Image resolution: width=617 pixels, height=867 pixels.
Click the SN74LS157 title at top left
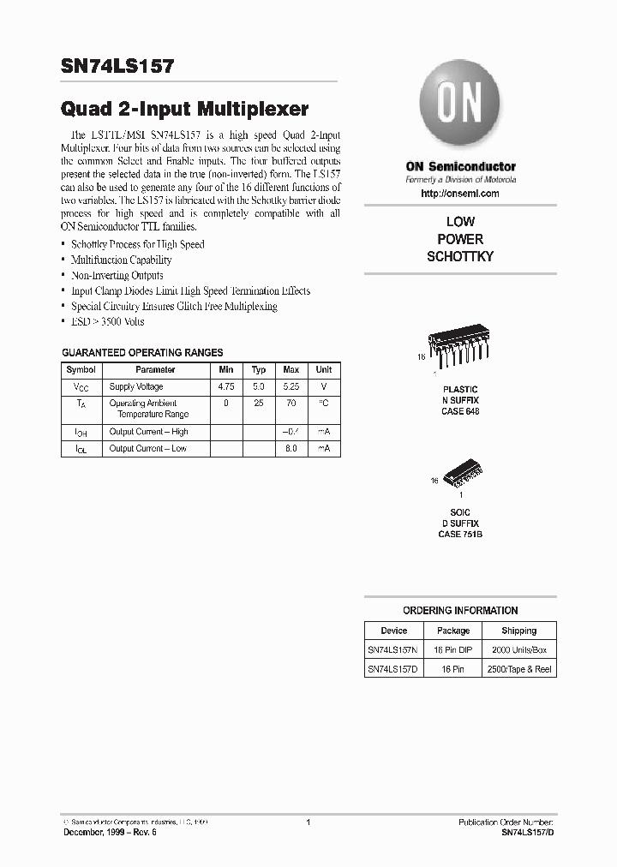click(117, 67)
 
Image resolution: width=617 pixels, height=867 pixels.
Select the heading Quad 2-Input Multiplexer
click(184, 110)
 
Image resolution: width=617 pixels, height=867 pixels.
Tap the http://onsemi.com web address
click(460, 194)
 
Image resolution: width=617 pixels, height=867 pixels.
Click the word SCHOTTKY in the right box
click(460, 256)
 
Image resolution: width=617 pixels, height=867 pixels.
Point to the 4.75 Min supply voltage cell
click(226, 387)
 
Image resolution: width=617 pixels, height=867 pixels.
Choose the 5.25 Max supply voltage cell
click(291, 387)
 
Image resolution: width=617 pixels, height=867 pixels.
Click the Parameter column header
click(155, 370)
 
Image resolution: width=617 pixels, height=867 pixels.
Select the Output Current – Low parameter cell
click(147, 448)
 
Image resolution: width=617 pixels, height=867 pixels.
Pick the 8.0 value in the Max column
click(291, 448)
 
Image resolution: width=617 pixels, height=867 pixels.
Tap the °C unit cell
click(324, 403)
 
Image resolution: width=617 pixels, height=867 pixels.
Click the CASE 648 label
click(460, 411)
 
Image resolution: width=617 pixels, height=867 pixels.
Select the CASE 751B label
click(460, 534)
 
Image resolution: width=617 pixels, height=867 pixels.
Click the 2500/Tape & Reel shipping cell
click(518, 669)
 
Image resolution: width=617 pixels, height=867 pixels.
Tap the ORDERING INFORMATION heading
click(460, 611)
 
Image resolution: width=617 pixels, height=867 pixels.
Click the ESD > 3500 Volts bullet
click(108, 322)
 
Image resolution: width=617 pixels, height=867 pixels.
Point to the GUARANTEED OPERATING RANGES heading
click(142, 352)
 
